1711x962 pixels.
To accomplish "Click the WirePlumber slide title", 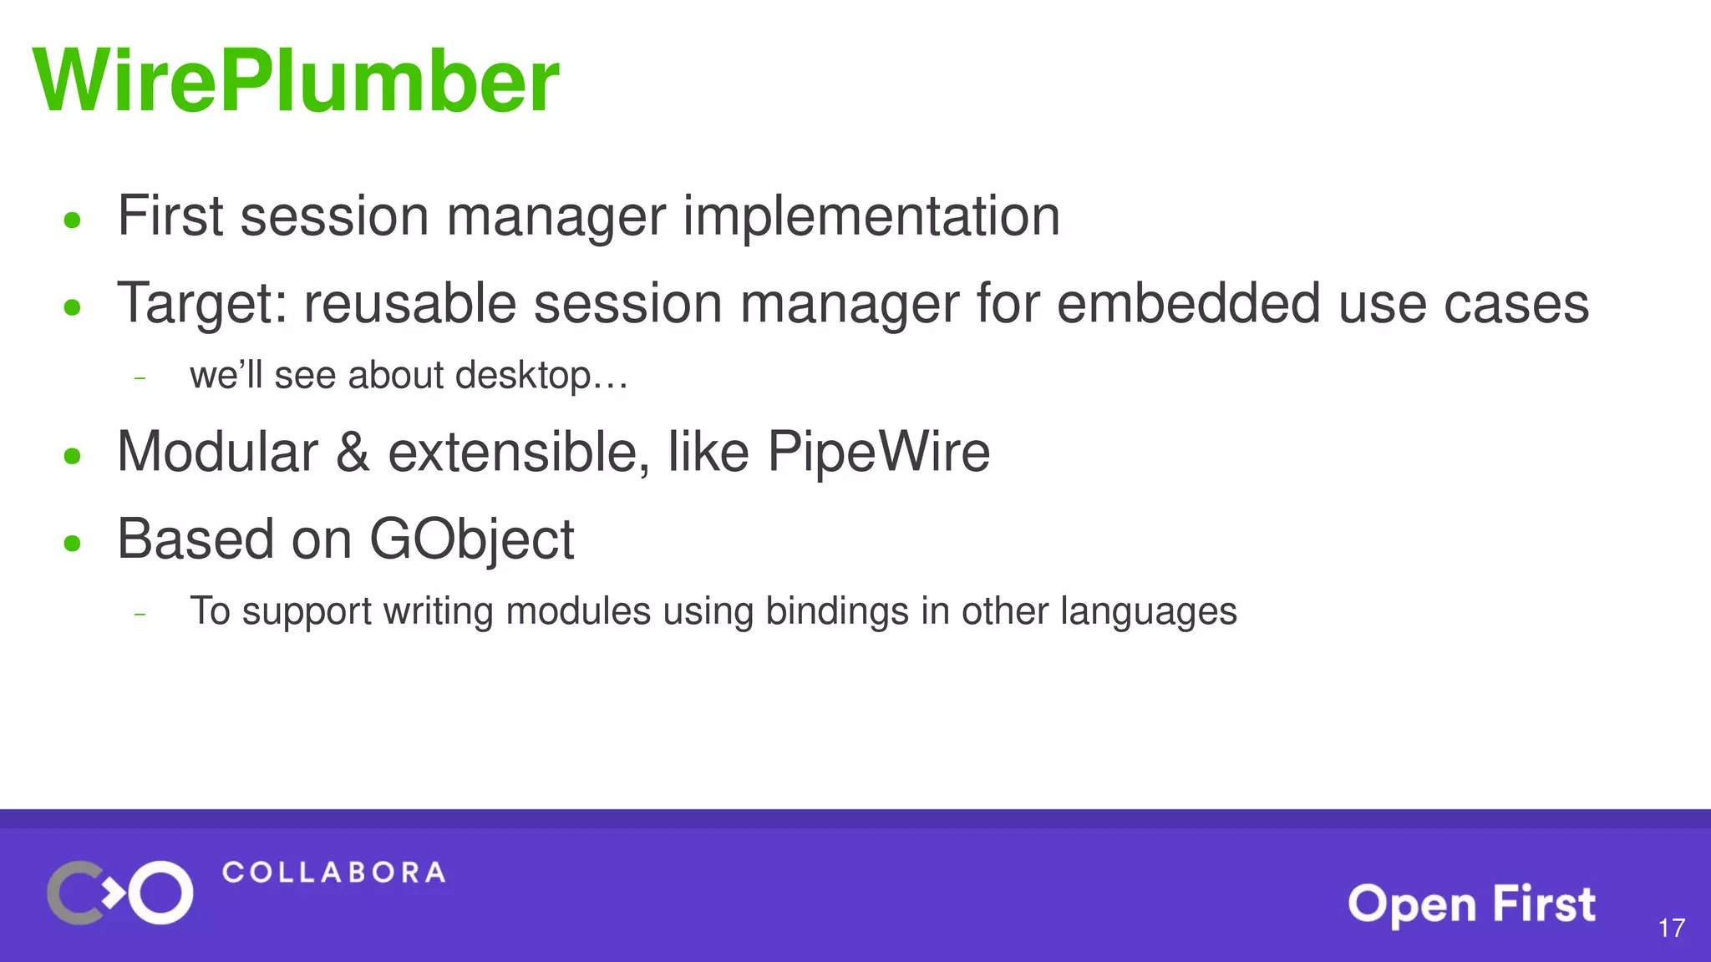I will click(x=296, y=81).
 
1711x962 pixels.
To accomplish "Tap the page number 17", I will click(x=1671, y=928).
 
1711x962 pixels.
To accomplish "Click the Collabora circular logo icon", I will click(x=120, y=892).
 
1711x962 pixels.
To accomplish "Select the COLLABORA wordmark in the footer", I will click(x=333, y=873).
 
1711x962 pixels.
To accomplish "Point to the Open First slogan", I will click(x=1471, y=904).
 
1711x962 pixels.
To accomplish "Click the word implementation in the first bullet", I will click(x=871, y=216).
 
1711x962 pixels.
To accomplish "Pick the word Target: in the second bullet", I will click(x=201, y=304).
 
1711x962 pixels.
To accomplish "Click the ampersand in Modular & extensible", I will click(x=353, y=453).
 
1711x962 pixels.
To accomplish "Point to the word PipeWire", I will click(x=878, y=453).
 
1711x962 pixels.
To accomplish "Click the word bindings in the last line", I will click(x=837, y=611).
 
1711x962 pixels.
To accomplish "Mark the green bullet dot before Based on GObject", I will click(x=73, y=544).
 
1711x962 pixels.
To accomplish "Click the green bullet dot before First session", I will click(x=73, y=220).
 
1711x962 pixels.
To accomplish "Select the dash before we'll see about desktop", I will click(x=140, y=378).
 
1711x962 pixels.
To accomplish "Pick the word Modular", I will click(x=217, y=453).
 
